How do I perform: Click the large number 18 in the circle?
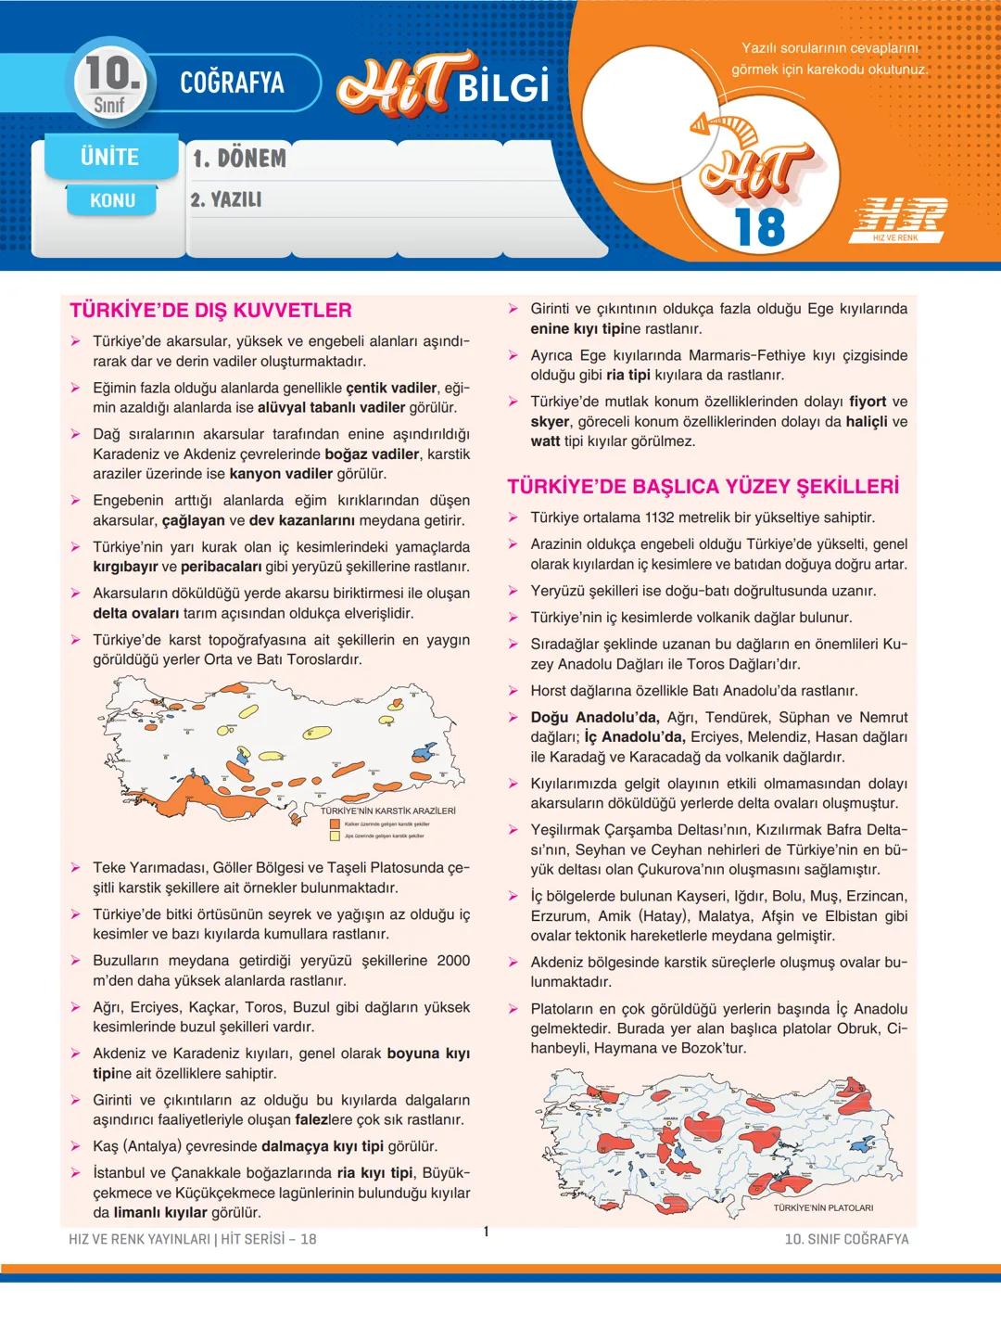759,226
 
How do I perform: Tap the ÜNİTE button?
110,157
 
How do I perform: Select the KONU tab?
112,200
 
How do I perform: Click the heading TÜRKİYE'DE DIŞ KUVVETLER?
210,311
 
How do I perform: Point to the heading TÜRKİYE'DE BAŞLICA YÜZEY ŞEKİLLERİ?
703,487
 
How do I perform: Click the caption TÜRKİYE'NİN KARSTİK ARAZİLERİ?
387,811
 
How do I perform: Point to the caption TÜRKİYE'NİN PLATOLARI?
823,1207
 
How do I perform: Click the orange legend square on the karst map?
336,824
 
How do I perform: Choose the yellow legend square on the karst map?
336,836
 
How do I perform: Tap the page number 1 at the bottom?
486,1232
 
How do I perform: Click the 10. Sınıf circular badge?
111,82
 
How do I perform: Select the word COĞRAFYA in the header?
232,83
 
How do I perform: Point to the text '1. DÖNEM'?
239,159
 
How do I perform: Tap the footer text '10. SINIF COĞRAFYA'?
846,1239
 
